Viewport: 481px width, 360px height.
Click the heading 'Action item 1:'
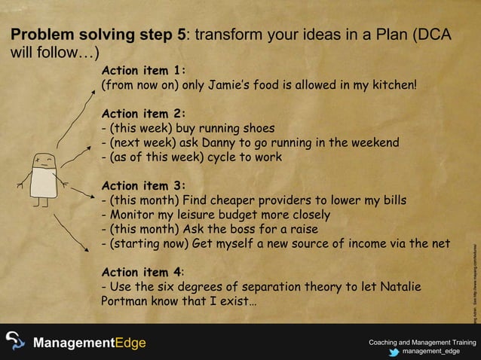click(143, 71)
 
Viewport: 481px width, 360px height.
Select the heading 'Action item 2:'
click(143, 114)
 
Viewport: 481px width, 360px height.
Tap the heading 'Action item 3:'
click(143, 186)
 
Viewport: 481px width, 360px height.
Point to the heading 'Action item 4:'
click(143, 272)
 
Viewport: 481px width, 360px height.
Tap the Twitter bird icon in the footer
click(393, 351)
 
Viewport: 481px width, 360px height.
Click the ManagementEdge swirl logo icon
click(15, 342)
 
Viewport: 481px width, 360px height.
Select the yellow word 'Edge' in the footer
click(130, 343)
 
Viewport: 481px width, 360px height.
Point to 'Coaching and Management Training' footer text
click(422, 343)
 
